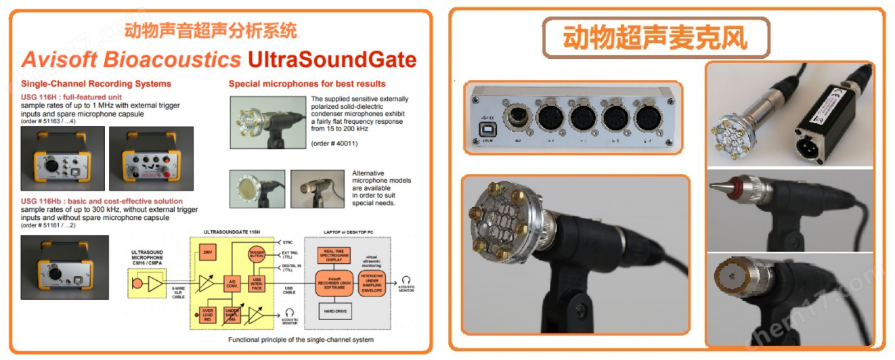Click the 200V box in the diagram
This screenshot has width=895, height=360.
(x=208, y=253)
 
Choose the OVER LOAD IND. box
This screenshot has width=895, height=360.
(x=206, y=315)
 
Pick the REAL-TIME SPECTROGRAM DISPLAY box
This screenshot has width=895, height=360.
(x=334, y=254)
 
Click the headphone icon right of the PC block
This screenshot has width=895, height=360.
(x=406, y=279)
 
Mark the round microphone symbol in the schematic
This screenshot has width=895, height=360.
(x=139, y=282)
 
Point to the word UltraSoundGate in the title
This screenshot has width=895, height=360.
(x=332, y=60)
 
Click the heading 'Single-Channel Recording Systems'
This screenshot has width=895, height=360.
(x=96, y=84)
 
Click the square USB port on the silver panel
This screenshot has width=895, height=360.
(x=485, y=127)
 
